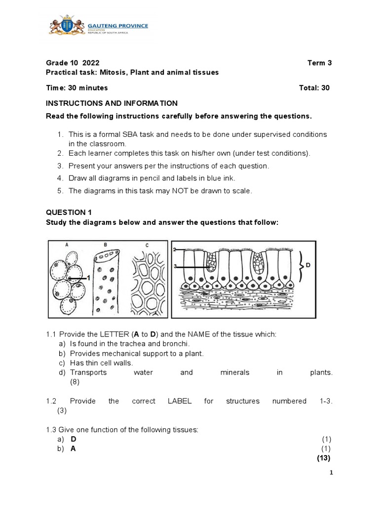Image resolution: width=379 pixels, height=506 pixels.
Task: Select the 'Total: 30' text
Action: click(x=314, y=88)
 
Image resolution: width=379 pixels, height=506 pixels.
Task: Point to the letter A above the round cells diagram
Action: click(x=66, y=244)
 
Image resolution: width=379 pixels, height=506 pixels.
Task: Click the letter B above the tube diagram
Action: click(x=105, y=244)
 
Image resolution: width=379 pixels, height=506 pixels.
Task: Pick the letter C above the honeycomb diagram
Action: click(x=147, y=244)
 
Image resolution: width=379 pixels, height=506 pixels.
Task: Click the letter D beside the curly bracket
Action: click(x=308, y=265)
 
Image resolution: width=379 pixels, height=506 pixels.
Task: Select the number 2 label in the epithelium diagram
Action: click(x=175, y=250)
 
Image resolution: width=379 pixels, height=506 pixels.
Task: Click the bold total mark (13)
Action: click(x=323, y=458)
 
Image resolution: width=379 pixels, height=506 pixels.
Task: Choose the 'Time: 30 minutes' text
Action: click(x=76, y=88)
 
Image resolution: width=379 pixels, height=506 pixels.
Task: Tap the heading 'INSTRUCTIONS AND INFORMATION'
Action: click(x=112, y=103)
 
